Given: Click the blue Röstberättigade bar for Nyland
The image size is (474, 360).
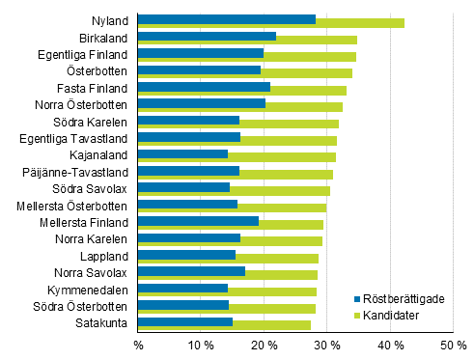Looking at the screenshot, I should (x=227, y=18).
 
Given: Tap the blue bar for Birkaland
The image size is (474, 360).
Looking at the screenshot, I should (x=207, y=36).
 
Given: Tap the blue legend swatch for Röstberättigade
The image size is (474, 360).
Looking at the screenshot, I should (x=356, y=299).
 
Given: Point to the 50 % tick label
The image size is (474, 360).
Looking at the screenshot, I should (x=453, y=345).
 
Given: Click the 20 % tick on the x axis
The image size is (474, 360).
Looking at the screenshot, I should (x=264, y=345).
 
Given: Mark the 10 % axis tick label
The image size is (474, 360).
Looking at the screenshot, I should (x=201, y=345).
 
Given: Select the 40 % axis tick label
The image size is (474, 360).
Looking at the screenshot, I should (x=390, y=345).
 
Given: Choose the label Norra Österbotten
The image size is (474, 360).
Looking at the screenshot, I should (x=85, y=104).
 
